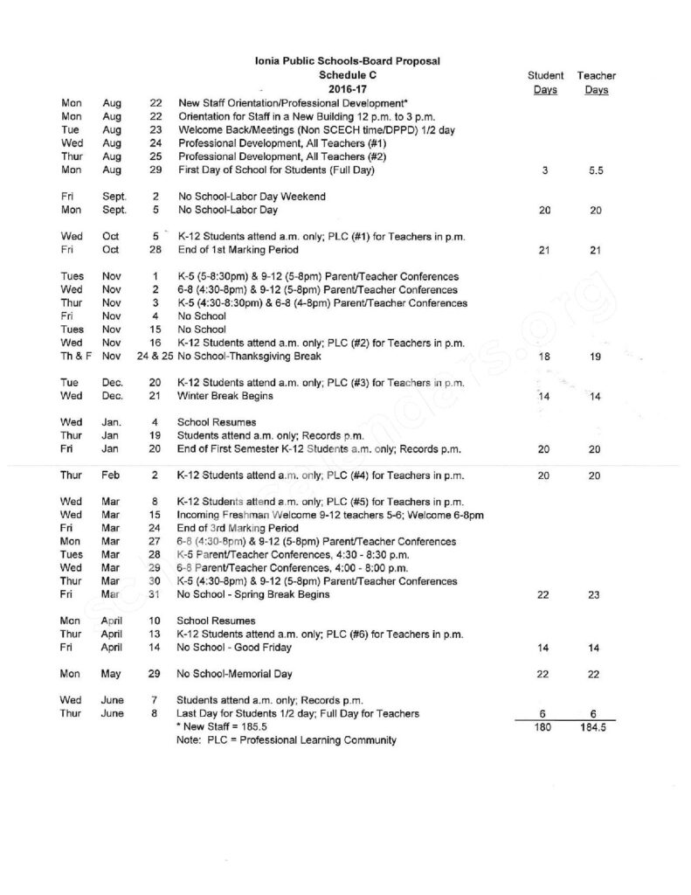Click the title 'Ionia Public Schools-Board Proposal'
coord(342,60)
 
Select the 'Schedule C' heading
coord(342,75)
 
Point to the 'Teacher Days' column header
coord(597,83)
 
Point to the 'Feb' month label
coord(112,475)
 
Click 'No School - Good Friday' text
coord(234,648)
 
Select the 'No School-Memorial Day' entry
coord(235,674)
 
